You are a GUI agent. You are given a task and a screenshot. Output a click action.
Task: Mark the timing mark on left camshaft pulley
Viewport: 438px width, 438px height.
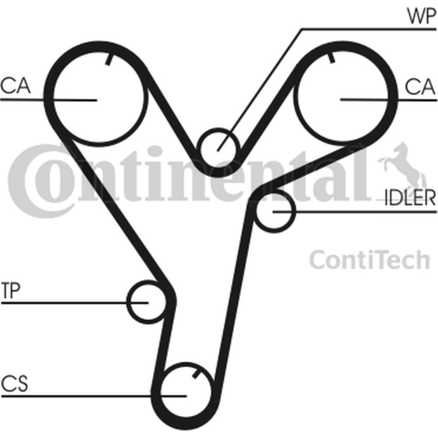109,59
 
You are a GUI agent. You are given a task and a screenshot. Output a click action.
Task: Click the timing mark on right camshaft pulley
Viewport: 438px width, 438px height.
331,57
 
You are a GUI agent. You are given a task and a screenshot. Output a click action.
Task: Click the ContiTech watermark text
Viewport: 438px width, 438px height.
369,260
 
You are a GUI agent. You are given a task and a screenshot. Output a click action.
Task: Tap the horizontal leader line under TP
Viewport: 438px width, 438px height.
74,303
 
